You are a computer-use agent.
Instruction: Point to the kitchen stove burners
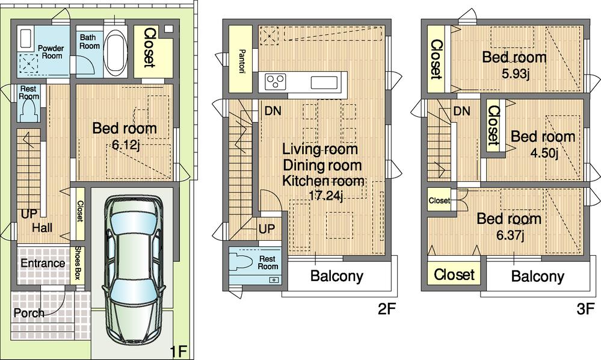click(274, 81)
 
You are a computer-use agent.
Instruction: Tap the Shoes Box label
click(77, 263)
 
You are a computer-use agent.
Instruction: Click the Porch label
click(28, 313)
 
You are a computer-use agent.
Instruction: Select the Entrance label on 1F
click(42, 263)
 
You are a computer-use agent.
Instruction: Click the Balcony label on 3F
click(537, 276)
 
